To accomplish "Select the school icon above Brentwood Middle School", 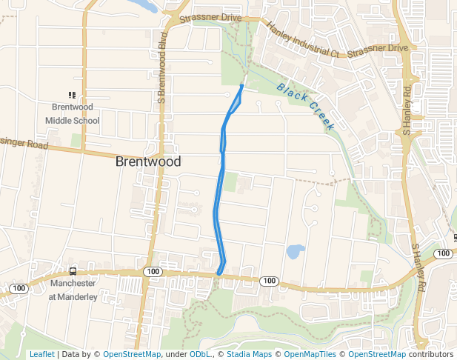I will coord(72,95).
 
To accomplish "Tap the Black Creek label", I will coord(305,107).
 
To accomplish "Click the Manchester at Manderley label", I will coord(73,290).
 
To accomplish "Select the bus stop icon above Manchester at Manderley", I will coord(73,272).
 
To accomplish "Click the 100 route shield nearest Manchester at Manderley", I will coord(19,287).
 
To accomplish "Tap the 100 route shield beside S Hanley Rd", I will coord(443,254).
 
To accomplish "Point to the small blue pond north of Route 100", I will coord(293,252).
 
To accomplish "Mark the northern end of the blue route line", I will coord(242,86).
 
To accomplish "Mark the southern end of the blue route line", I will coord(219,274).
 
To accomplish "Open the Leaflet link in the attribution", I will coord(41,354).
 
